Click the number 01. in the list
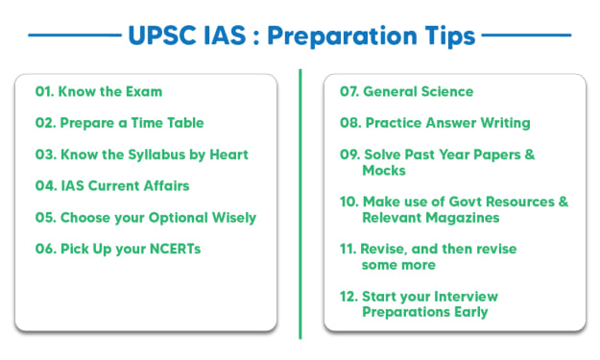(x=45, y=92)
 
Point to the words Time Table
(x=167, y=123)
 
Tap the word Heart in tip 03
(x=228, y=155)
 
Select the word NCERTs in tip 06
(x=176, y=249)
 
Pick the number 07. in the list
(x=349, y=92)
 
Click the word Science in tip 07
(x=446, y=92)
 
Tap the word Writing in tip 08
(x=506, y=123)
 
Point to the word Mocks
(x=384, y=171)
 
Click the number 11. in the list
(x=348, y=249)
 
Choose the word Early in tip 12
(x=471, y=312)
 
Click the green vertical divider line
(x=300, y=204)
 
